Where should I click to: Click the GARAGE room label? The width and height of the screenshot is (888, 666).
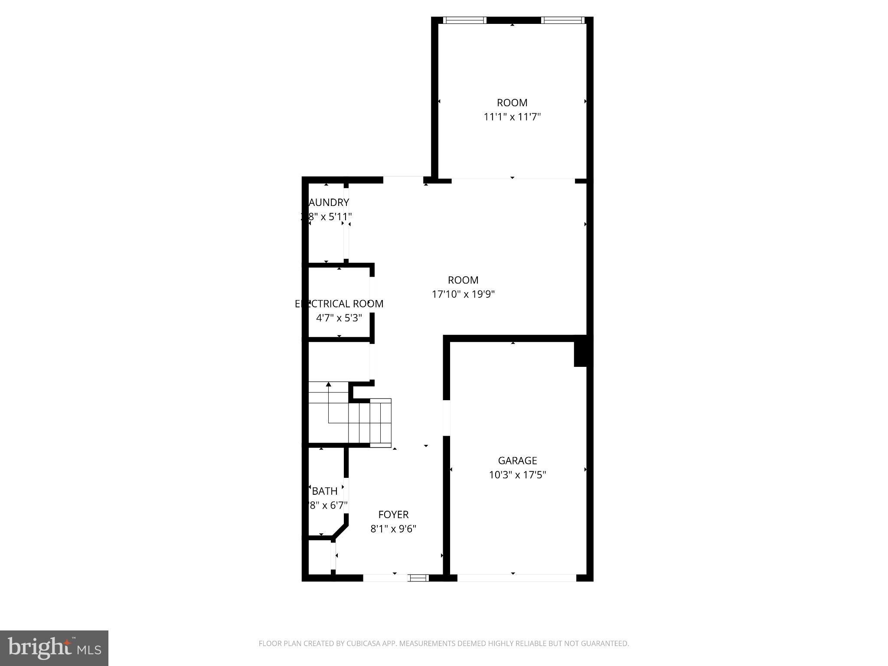pos(517,460)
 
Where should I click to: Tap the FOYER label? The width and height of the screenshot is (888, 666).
pos(393,515)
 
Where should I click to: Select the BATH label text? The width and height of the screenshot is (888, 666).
pos(325,491)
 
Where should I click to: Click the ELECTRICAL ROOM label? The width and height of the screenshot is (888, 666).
pos(339,304)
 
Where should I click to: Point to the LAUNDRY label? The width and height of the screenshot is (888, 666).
pos(328,202)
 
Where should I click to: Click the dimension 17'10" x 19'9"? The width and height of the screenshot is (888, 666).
pos(463,294)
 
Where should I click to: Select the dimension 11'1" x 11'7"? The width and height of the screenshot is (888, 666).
pos(512,117)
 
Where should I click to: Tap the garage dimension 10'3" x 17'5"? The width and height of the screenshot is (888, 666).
pos(517,475)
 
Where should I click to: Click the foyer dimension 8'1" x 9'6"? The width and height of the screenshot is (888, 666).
pos(393,529)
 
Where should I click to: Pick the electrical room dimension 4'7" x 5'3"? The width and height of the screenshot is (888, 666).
pos(339,318)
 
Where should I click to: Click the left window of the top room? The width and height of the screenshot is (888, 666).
pos(464,20)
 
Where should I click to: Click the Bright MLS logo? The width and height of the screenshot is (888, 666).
pos(54,648)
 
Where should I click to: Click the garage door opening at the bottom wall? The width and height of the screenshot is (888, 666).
pos(516,578)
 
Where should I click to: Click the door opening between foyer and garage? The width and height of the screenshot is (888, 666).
pos(446,418)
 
